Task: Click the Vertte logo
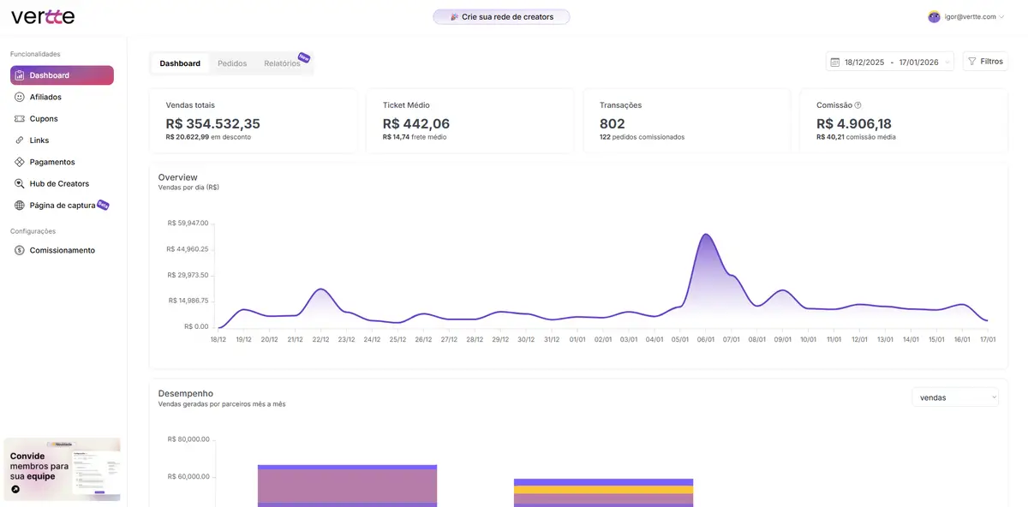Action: point(43,17)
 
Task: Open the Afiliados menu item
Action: point(45,97)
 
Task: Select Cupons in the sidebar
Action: point(44,119)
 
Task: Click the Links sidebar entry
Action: point(39,140)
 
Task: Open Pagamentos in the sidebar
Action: point(52,162)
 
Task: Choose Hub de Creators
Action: point(59,183)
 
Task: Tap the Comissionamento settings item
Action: point(62,250)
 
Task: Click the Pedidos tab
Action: point(232,63)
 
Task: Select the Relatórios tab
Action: point(282,63)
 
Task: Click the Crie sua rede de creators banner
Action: point(501,17)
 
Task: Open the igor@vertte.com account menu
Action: point(966,17)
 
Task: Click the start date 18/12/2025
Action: point(864,63)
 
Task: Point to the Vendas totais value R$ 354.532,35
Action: point(212,123)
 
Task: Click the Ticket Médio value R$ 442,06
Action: point(415,123)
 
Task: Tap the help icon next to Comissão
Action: point(858,105)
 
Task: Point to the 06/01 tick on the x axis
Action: point(705,339)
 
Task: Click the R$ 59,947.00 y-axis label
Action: point(187,223)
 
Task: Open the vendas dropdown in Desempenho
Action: point(955,397)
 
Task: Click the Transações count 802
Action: point(612,123)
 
